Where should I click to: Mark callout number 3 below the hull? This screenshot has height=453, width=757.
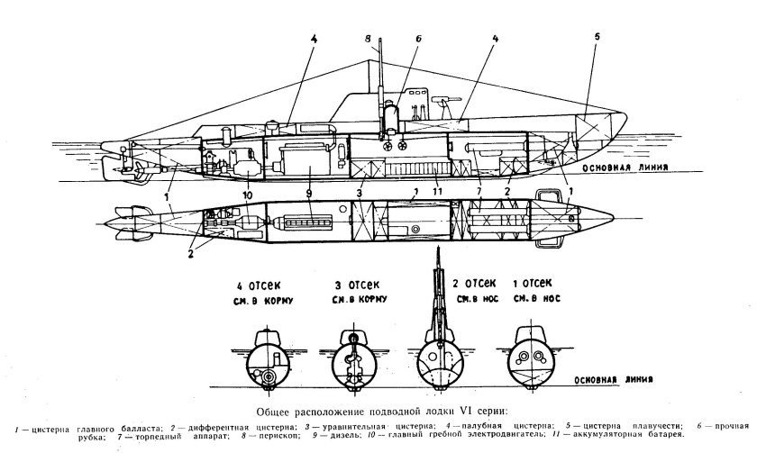pyautogui.click(x=360, y=193)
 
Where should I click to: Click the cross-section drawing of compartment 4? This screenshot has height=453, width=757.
pyautogui.click(x=267, y=361)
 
